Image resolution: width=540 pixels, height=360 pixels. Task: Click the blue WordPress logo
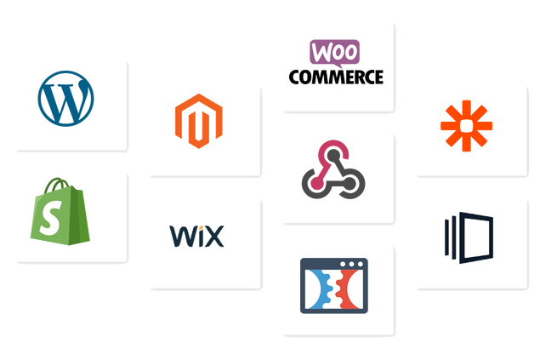[x=66, y=100]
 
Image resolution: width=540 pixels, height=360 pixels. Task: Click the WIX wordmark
[x=197, y=236]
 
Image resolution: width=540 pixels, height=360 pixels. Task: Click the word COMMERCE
[x=336, y=77]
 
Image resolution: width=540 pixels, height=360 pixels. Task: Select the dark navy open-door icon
[x=467, y=234]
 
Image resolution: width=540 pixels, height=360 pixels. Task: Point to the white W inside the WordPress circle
[x=66, y=101]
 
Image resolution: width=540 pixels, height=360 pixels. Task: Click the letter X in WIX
[x=215, y=236]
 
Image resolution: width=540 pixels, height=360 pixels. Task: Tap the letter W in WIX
[x=179, y=236]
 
